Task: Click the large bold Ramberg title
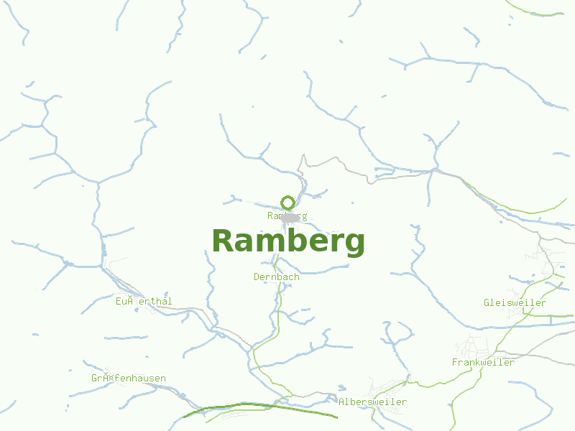coord(288,241)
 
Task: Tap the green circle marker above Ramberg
coord(287,202)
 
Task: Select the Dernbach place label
coord(276,277)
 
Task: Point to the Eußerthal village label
coord(144,302)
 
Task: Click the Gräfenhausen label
coord(129,378)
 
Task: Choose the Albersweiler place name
coord(372,402)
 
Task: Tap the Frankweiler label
coord(483,362)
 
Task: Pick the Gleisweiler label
coord(515,302)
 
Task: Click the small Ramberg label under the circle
coord(287,215)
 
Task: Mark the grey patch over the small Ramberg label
coord(290,215)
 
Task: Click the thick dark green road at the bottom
coord(252,407)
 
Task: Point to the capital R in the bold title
coord(224,241)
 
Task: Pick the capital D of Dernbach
coord(257,277)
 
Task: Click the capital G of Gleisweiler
coord(487,302)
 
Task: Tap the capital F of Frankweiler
coord(455,362)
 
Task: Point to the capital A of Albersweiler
coord(341,402)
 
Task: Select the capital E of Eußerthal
coord(119,302)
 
